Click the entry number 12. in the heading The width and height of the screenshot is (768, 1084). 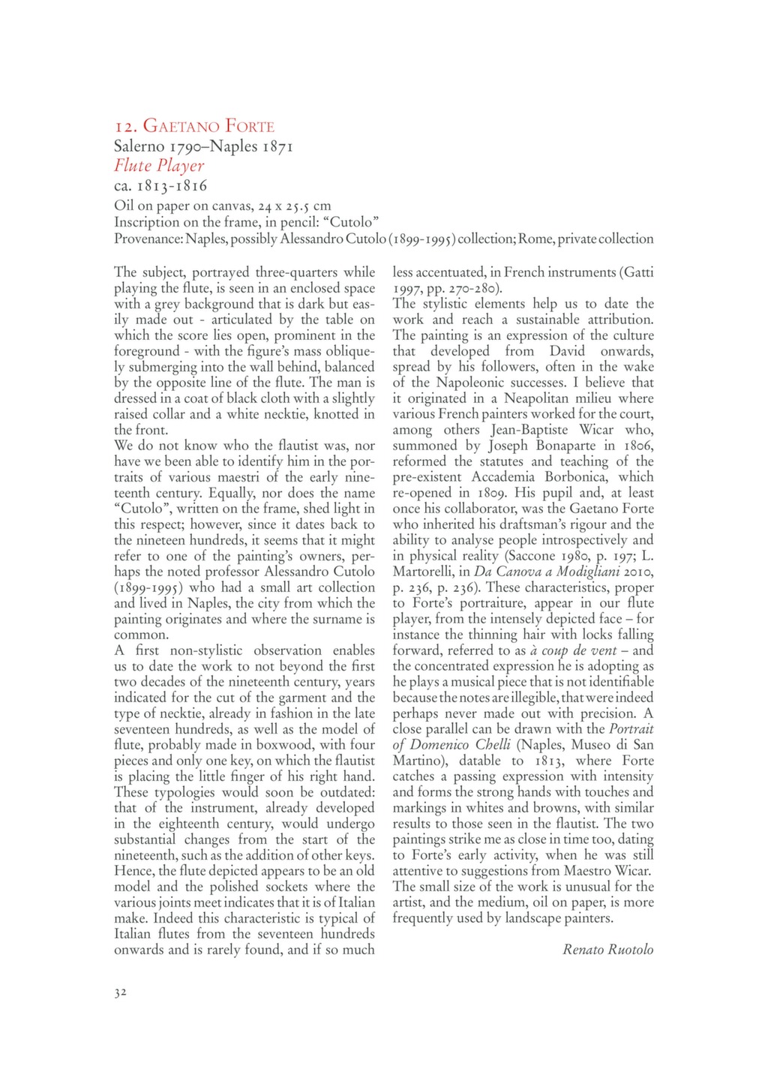[126, 126]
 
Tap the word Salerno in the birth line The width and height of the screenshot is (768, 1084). [139, 146]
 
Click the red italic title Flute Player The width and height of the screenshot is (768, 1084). [159, 165]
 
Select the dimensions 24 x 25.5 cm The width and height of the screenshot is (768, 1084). [289, 205]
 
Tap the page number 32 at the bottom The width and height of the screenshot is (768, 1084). [120, 992]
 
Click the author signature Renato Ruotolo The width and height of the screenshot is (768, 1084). [607, 950]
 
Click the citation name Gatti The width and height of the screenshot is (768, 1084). [637, 272]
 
